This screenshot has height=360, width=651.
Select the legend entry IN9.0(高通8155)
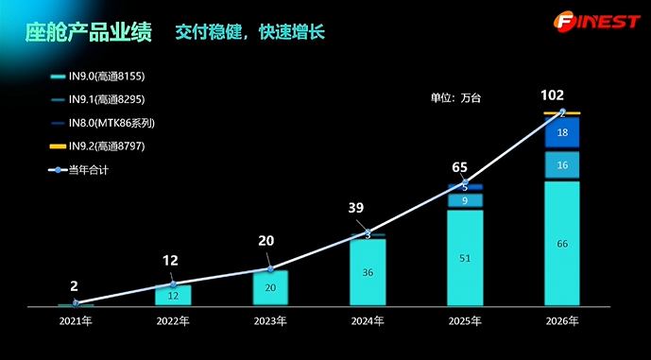pyautogui.click(x=99, y=77)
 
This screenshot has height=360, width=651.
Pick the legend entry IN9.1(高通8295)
pyautogui.click(x=99, y=99)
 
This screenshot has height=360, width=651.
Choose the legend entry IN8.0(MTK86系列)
pyautogui.click(x=104, y=123)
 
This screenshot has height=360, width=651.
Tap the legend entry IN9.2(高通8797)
pyautogui.click(x=99, y=146)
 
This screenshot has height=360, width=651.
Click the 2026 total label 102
pyautogui.click(x=553, y=95)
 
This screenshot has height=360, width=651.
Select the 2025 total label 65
pyautogui.click(x=460, y=167)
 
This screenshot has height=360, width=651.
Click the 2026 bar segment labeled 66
pyautogui.click(x=562, y=244)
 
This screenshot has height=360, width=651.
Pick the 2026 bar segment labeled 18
pyautogui.click(x=562, y=133)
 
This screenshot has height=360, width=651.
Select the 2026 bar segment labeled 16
pyautogui.click(x=562, y=165)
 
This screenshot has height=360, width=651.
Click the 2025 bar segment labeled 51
pyautogui.click(x=465, y=257)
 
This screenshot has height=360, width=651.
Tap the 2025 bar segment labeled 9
pyautogui.click(x=465, y=200)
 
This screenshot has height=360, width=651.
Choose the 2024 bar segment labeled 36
pyautogui.click(x=368, y=272)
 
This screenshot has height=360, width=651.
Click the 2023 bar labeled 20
pyautogui.click(x=270, y=288)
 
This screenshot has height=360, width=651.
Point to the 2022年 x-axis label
pyautogui.click(x=173, y=322)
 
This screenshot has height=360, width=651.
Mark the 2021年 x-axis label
pyautogui.click(x=76, y=322)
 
